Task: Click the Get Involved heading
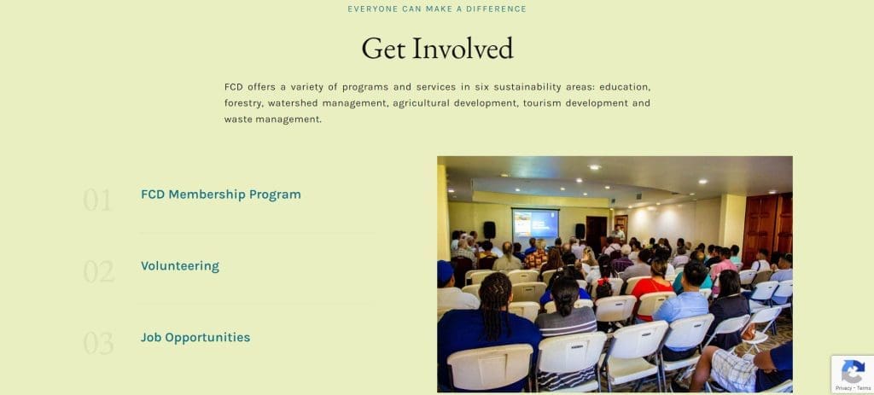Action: (x=437, y=48)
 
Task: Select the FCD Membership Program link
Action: (x=221, y=195)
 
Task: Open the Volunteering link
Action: (x=180, y=265)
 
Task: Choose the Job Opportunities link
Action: (x=195, y=337)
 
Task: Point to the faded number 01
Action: (x=97, y=200)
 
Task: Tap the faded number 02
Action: (x=99, y=271)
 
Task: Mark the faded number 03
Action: (x=98, y=343)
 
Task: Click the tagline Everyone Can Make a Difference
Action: (x=437, y=9)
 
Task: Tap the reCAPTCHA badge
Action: (x=853, y=375)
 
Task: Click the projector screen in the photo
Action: (x=535, y=224)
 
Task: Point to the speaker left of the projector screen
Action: (x=489, y=230)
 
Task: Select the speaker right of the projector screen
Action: (x=580, y=231)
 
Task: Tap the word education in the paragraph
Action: (x=625, y=87)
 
